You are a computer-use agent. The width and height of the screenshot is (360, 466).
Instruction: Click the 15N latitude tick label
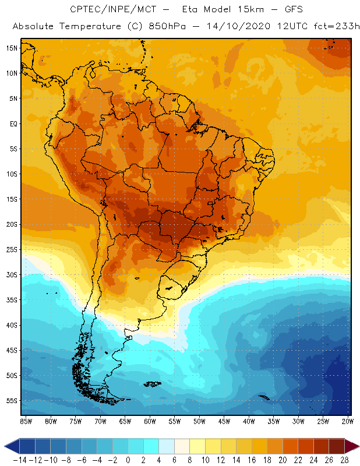click(x=12, y=48)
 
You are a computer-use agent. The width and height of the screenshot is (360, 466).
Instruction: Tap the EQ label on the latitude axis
click(x=12, y=123)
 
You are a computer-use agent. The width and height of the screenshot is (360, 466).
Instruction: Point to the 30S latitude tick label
click(x=12, y=274)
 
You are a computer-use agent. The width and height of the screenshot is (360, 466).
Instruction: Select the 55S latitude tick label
click(x=12, y=401)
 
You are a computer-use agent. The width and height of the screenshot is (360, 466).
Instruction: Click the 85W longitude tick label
click(x=26, y=421)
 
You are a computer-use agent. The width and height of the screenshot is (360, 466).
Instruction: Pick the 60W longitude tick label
click(x=150, y=421)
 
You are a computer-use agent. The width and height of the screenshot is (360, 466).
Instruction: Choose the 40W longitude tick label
click(x=249, y=421)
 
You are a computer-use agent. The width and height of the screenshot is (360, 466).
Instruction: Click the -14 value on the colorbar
click(x=19, y=458)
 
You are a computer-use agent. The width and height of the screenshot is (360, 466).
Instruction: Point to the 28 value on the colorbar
click(x=344, y=458)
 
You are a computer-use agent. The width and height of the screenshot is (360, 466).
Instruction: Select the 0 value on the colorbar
click(x=128, y=458)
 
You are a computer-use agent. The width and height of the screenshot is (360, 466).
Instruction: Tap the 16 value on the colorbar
click(x=251, y=458)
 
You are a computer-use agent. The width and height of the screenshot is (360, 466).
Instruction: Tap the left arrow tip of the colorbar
click(x=6, y=446)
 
